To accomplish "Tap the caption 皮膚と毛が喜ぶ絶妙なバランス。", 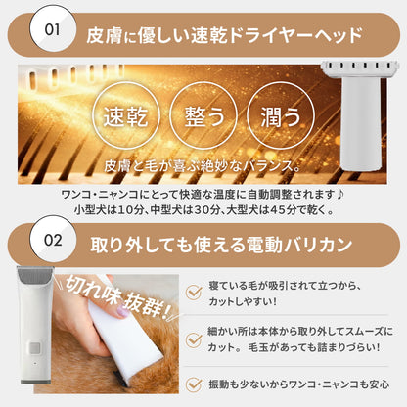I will [x=203, y=163].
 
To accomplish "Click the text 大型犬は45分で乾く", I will [x=291, y=208].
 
